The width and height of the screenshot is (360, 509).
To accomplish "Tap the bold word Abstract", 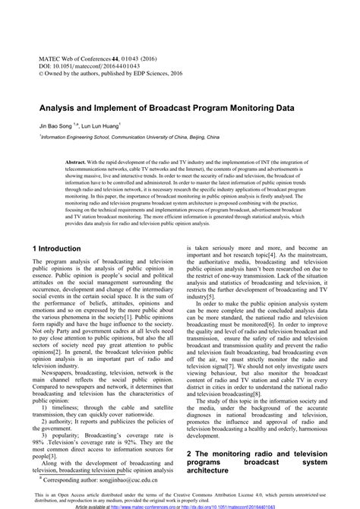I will [77, 163].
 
